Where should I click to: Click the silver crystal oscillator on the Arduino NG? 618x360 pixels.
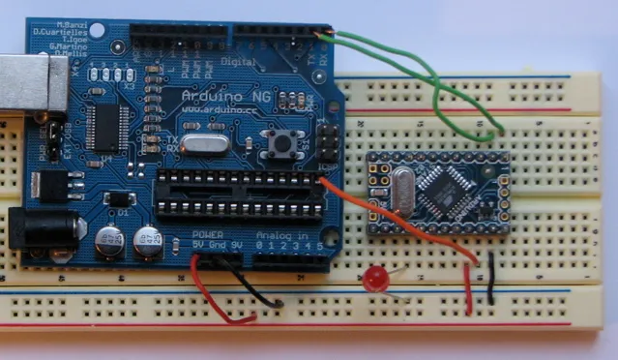[x=203, y=146]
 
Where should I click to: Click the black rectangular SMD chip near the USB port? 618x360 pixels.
[x=105, y=126]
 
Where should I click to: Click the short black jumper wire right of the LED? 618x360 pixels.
[x=492, y=280]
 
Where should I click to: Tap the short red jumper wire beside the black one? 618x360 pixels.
[x=469, y=287]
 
